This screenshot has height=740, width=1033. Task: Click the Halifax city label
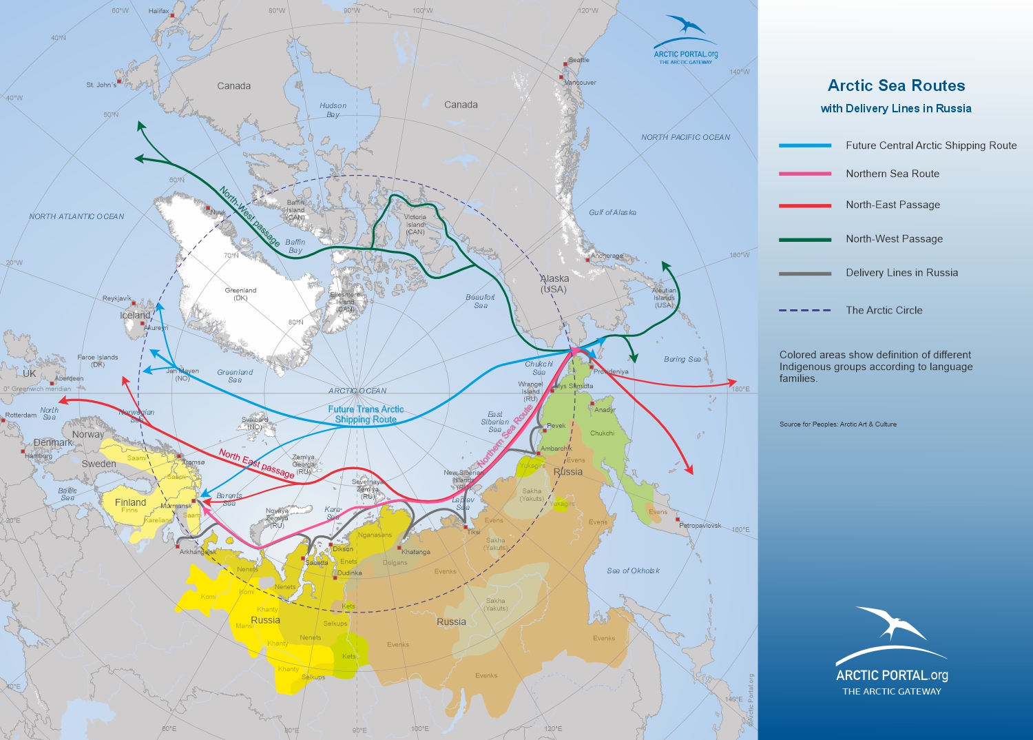click(158, 12)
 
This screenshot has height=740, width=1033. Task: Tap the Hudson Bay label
click(333, 110)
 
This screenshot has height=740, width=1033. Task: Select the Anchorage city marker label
click(607, 256)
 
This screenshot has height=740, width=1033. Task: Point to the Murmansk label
click(176, 506)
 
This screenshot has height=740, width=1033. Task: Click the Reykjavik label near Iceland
click(116, 298)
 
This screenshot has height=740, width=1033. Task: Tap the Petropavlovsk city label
click(700, 525)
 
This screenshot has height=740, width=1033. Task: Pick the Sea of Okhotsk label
click(633, 571)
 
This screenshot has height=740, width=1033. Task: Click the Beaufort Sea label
click(480, 301)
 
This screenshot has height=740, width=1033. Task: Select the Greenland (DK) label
click(240, 294)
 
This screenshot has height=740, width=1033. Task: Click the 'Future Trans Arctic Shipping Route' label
click(366, 414)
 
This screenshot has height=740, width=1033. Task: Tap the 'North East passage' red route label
click(256, 464)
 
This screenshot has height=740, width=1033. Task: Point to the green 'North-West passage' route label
click(249, 216)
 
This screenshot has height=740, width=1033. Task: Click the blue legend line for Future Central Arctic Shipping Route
click(804, 145)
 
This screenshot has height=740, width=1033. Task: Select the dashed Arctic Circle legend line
click(804, 310)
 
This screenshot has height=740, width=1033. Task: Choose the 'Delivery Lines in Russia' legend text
click(901, 273)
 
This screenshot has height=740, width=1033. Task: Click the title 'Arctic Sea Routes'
click(896, 85)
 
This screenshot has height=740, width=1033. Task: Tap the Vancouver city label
click(580, 83)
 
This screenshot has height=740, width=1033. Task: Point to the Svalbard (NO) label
click(255, 422)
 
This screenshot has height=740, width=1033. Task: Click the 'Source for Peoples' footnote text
click(837, 424)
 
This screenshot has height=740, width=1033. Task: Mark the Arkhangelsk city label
click(198, 552)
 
